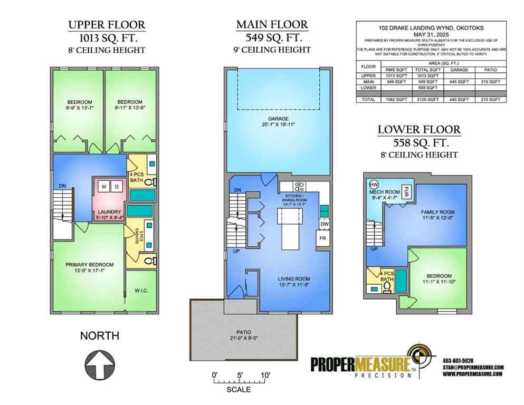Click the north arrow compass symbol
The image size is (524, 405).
click(100, 364)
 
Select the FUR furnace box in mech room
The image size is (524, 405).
click(407, 190)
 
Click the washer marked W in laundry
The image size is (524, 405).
click(104, 187)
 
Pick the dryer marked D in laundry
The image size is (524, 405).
click(117, 187)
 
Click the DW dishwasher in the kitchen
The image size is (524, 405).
click(324, 224)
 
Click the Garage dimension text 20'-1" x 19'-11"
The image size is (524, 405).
click(273, 125)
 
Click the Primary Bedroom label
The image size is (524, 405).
click(89, 265)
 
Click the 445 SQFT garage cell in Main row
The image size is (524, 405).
click(456, 82)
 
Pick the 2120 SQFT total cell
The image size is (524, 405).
click(427, 99)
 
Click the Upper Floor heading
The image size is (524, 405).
click(107, 25)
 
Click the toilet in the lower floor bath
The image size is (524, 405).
click(387, 287)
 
